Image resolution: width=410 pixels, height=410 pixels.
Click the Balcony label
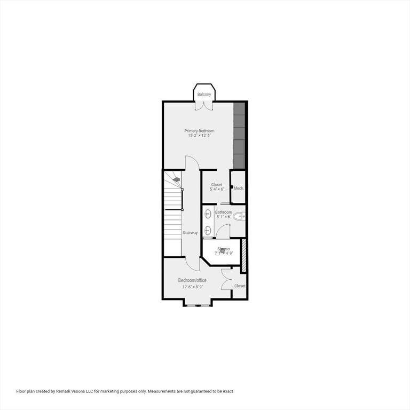(204, 94)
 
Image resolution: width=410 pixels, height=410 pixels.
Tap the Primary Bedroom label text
(199, 131)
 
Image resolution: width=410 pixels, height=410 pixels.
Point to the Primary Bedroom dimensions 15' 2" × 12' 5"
(199, 136)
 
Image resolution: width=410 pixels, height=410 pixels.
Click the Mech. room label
(239, 188)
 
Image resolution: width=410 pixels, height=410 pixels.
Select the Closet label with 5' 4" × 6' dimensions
(216, 185)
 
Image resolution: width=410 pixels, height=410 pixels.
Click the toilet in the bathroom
(240, 216)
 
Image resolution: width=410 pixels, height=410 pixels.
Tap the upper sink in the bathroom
(208, 213)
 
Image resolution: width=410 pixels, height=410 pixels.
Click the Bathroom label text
(223, 212)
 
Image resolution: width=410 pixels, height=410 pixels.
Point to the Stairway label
(190, 233)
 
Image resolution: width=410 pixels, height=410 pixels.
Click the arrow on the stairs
(176, 180)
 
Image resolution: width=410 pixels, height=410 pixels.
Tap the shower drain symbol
(223, 250)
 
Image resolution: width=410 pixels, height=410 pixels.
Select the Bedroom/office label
(192, 280)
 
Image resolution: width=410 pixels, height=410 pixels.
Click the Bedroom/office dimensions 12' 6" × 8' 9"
(192, 287)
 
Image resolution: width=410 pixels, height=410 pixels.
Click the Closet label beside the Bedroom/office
(240, 286)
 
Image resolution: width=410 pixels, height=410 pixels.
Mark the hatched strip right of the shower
(244, 255)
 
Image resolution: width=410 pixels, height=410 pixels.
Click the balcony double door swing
(204, 106)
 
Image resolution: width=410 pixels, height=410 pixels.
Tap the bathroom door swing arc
(223, 231)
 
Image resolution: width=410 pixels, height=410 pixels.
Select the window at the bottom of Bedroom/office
(198, 305)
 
